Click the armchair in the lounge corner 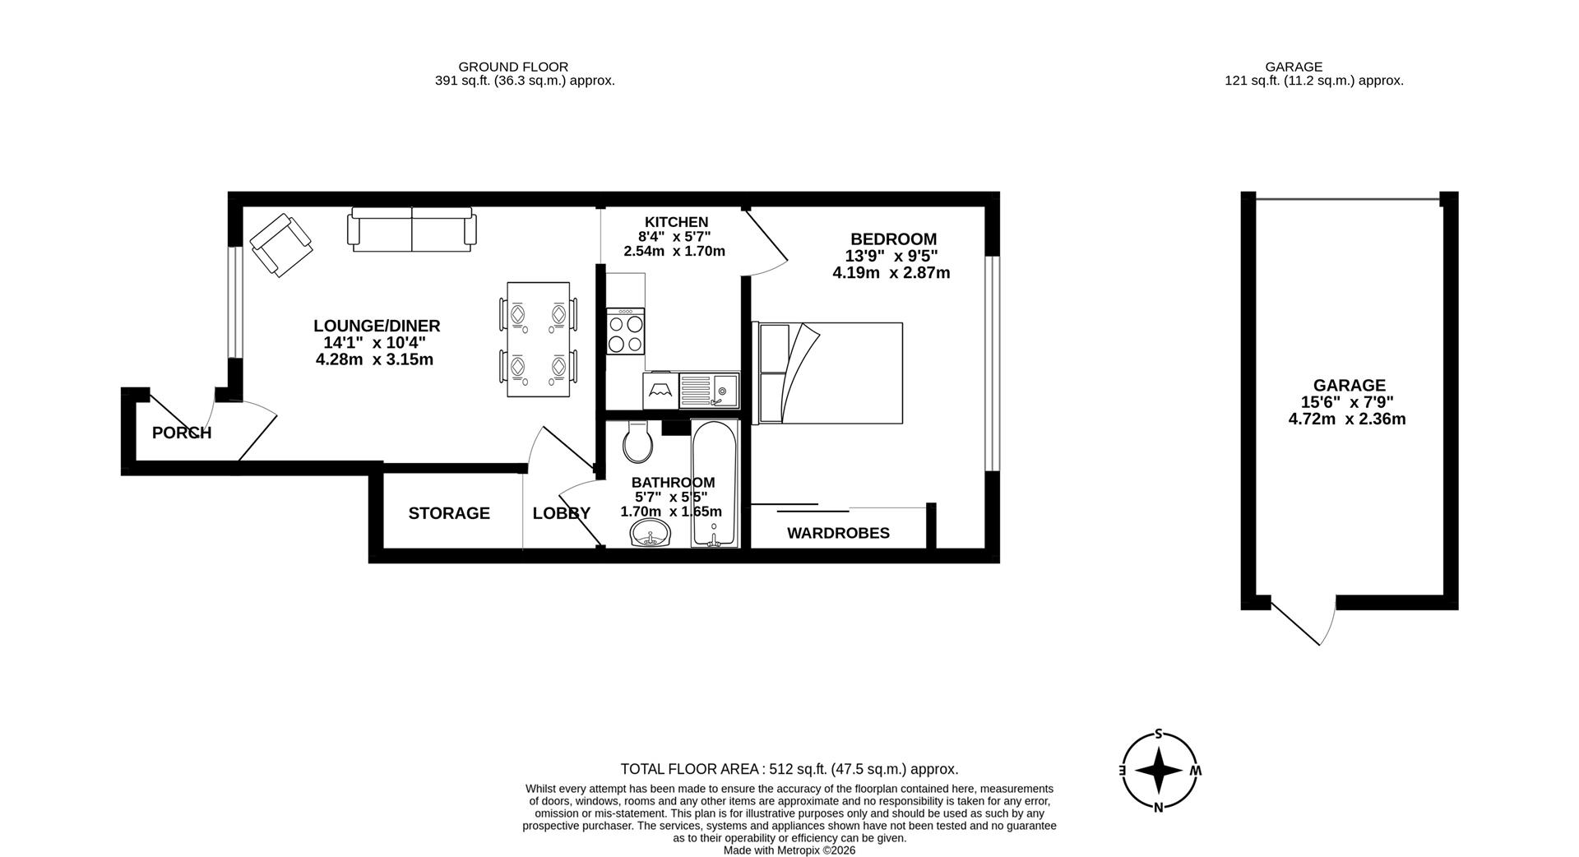[281, 245]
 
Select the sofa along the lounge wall [412, 229]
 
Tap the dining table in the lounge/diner [539, 340]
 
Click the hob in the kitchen [626, 331]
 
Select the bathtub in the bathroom [715, 484]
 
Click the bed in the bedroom [828, 373]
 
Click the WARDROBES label [838, 533]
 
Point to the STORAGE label [449, 513]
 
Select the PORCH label [182, 433]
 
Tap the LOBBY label [562, 513]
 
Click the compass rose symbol [1159, 771]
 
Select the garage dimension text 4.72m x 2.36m [1347, 419]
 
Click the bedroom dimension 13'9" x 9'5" [891, 256]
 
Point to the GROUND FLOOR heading [513, 67]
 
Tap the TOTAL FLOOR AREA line [789, 770]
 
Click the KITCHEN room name [676, 222]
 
